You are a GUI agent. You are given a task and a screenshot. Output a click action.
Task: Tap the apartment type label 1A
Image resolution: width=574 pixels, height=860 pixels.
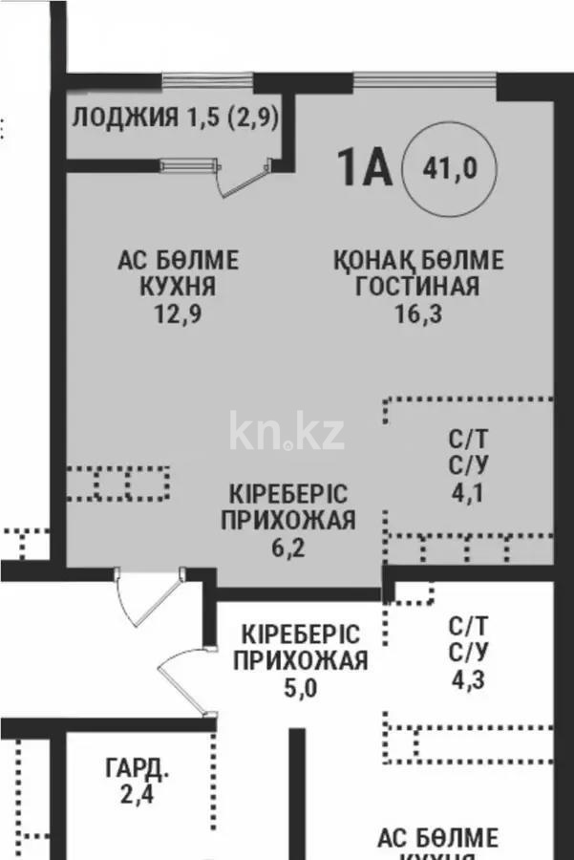[363, 169]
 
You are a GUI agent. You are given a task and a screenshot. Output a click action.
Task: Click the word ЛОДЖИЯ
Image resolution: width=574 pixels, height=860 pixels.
[125, 118]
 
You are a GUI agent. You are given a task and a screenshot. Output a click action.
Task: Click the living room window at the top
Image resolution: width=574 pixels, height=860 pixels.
[424, 80]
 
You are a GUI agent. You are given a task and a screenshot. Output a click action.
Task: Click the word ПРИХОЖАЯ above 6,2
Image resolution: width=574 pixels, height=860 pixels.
[288, 521]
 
